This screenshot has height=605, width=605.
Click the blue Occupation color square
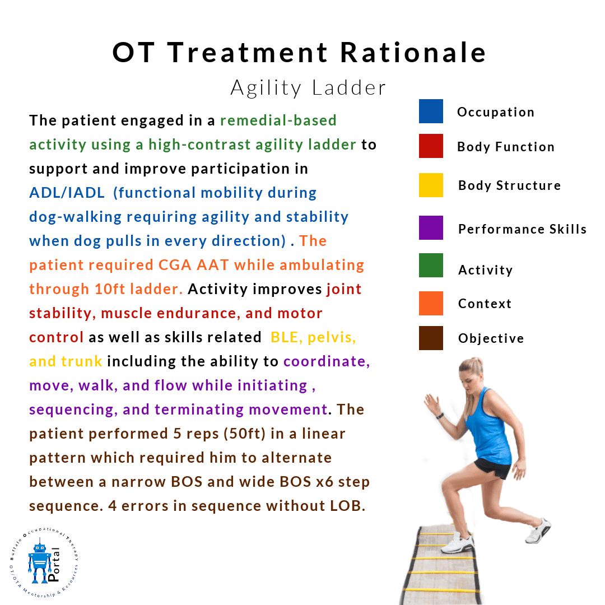[x=431, y=111]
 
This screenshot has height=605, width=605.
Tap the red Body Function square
[x=431, y=146]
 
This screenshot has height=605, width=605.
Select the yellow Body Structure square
[x=431, y=185]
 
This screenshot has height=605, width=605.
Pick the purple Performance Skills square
[x=431, y=227]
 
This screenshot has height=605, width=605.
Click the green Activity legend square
[x=431, y=265]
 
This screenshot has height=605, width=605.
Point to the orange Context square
[x=431, y=303]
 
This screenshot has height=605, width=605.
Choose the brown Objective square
[x=431, y=338]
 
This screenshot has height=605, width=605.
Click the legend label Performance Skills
[x=522, y=229]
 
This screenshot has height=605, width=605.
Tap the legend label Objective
[x=491, y=338]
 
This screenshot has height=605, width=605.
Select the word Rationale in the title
[x=413, y=53]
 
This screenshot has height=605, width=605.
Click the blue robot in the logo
[x=39, y=563]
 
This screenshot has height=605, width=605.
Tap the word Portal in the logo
[x=54, y=564]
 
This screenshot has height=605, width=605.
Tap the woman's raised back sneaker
[x=538, y=530]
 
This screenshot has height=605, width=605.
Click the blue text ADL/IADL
[x=67, y=193]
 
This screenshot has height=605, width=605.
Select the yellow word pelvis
[x=332, y=338]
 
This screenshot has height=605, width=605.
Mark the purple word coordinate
[x=327, y=361]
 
